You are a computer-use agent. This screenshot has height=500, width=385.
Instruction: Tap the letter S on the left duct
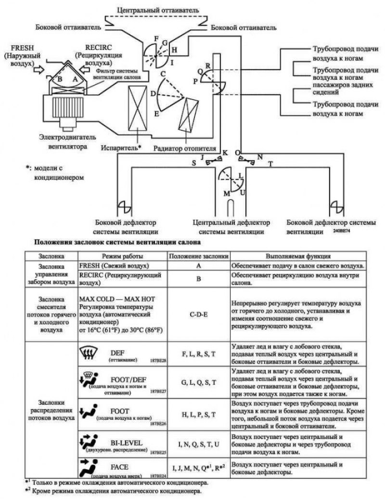coord(193,163)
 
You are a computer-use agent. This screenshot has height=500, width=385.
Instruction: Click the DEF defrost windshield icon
coord(88,354)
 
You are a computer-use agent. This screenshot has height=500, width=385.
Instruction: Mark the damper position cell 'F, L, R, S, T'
coord(199,354)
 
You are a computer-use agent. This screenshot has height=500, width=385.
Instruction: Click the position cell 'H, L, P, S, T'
coord(199,414)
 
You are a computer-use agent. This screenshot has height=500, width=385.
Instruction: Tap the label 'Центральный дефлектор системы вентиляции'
coord(231,227)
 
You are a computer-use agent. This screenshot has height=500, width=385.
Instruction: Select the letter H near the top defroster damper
coord(174,50)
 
